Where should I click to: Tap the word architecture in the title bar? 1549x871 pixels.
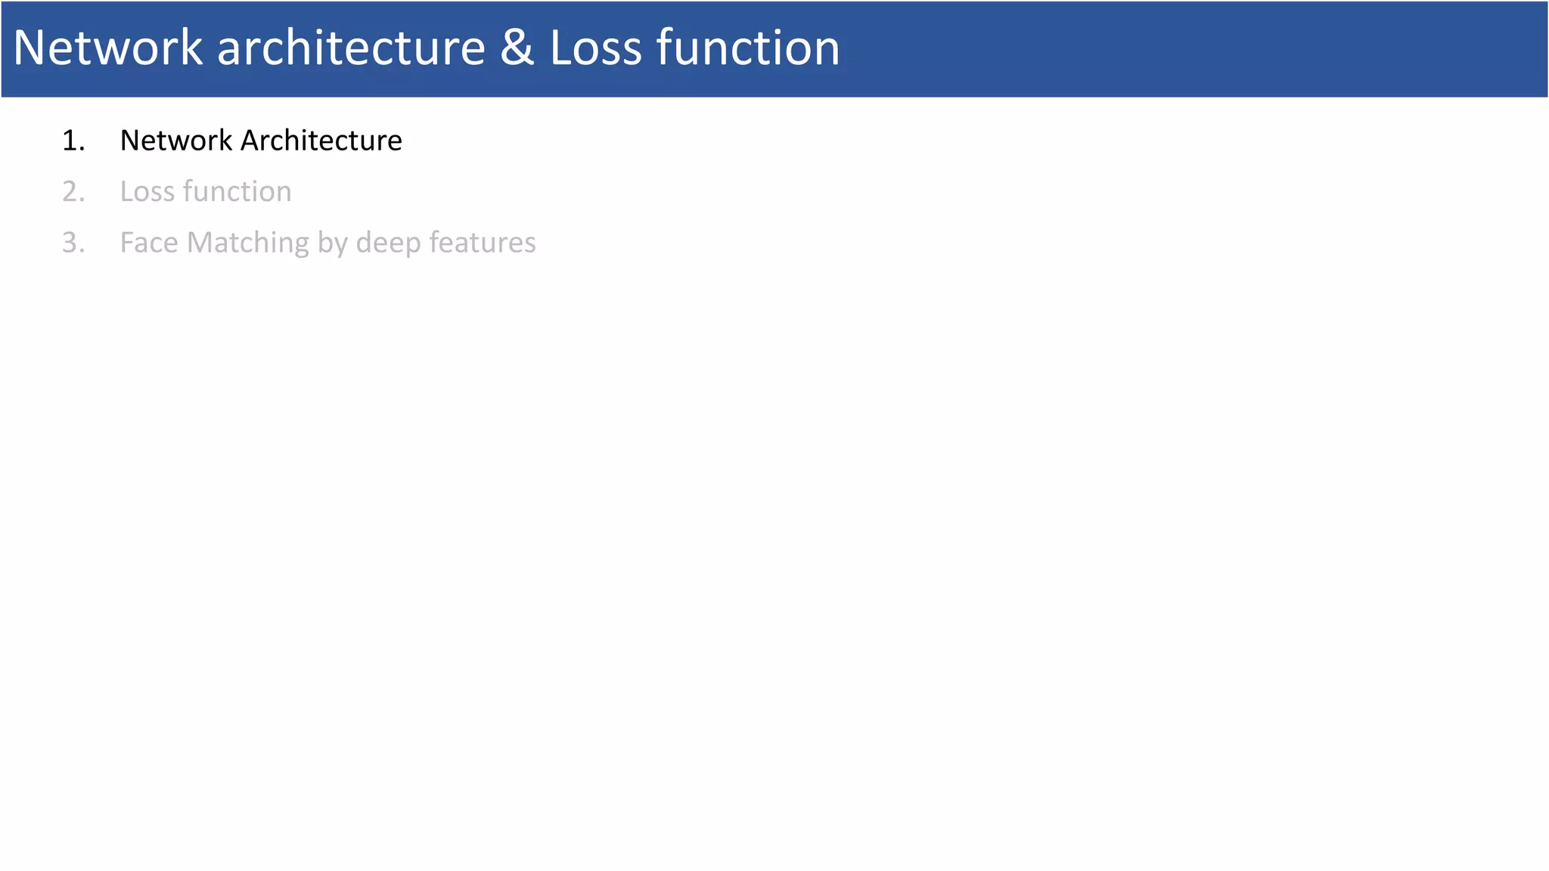click(x=351, y=48)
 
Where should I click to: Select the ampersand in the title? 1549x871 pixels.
click(x=517, y=48)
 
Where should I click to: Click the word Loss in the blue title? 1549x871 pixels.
click(x=595, y=48)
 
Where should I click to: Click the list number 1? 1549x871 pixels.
click(x=73, y=141)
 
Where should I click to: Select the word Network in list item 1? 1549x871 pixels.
click(x=176, y=141)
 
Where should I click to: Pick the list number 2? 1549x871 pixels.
click(x=73, y=192)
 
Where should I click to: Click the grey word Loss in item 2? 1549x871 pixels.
click(x=147, y=192)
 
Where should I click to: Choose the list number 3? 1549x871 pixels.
click(x=73, y=243)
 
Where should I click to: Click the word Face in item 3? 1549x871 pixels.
click(x=149, y=243)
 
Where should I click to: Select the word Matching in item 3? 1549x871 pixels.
click(x=247, y=243)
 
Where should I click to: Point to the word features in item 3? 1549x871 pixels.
click(x=482, y=243)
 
